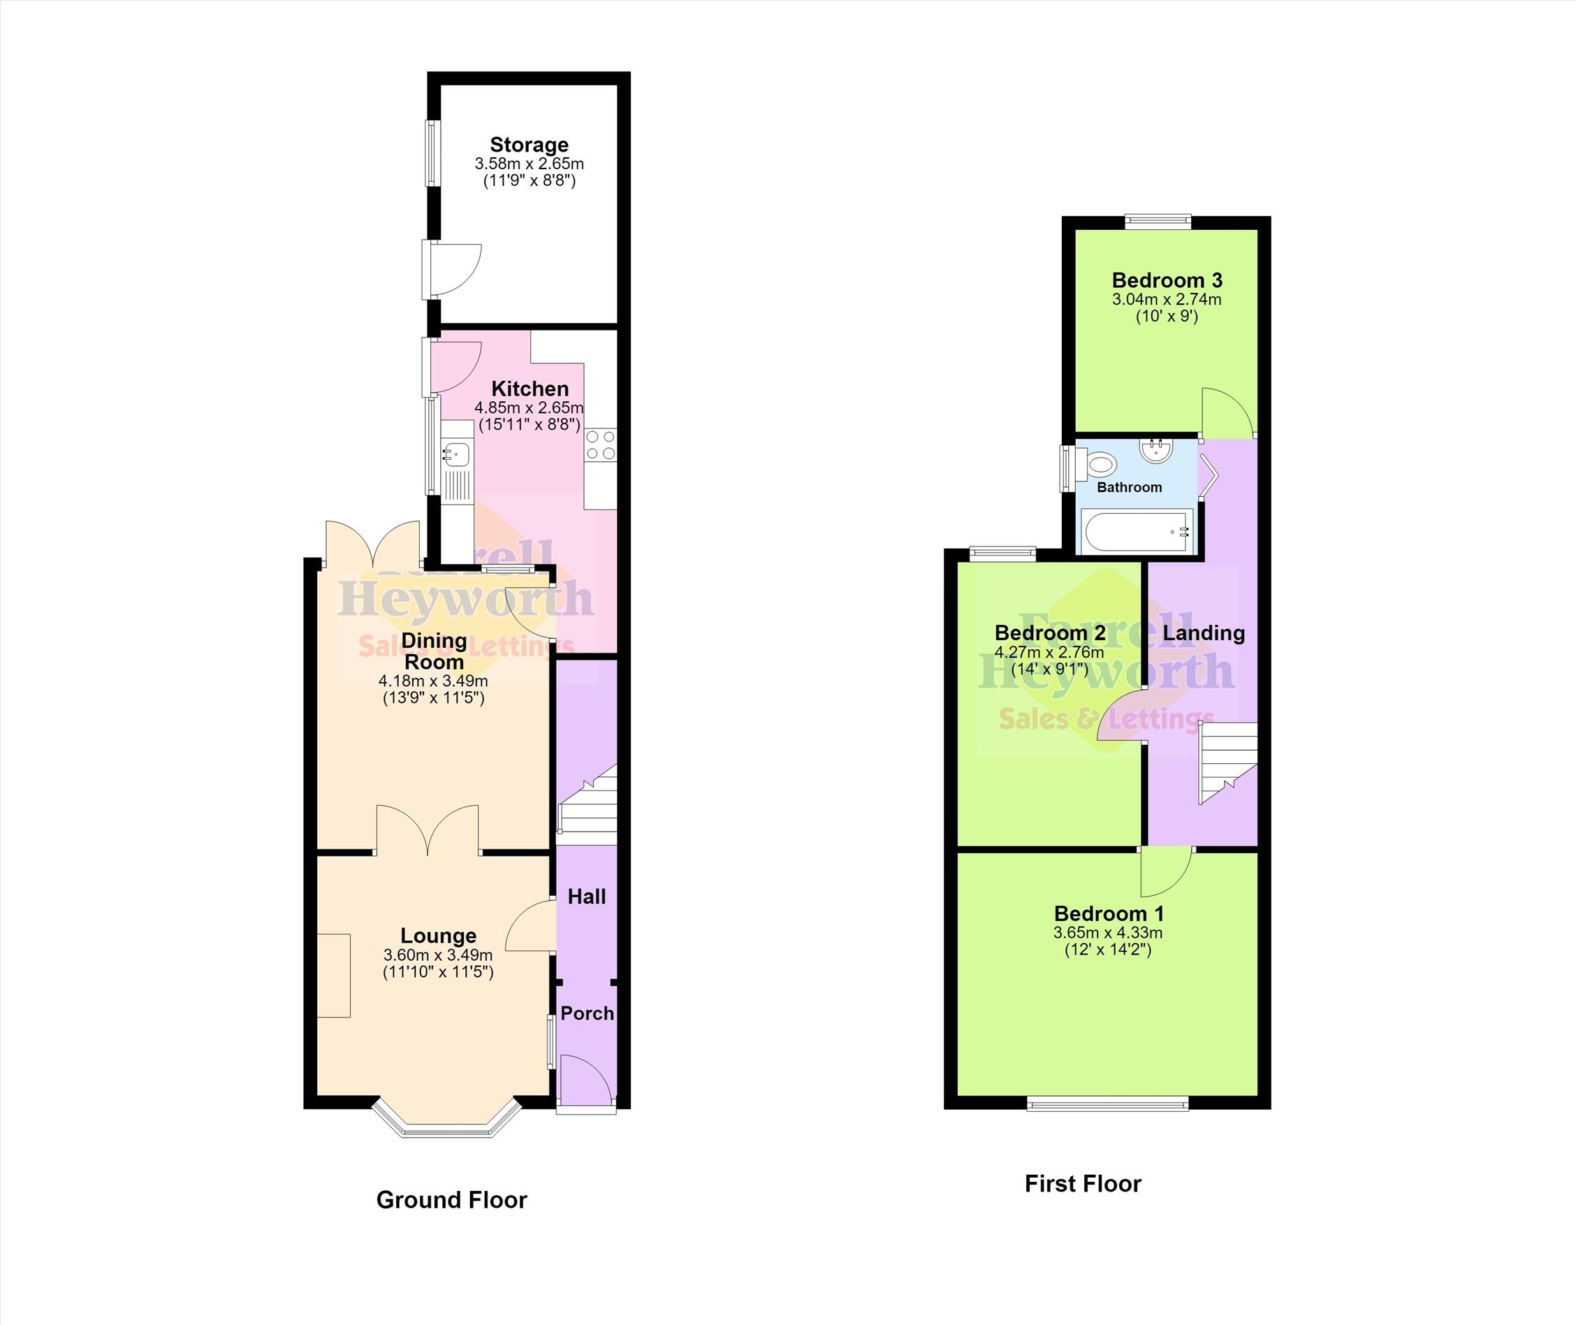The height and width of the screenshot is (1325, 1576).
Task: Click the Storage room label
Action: (x=530, y=145)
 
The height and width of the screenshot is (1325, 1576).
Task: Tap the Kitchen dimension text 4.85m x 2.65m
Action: (x=530, y=408)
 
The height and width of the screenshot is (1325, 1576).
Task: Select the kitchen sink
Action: (x=456, y=453)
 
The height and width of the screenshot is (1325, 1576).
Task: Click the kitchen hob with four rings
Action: (x=601, y=444)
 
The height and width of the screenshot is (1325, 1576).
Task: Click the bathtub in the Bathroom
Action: (x=1136, y=532)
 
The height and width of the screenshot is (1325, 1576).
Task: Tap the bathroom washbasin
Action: (x=1157, y=450)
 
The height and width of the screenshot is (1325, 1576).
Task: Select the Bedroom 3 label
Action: (x=1167, y=280)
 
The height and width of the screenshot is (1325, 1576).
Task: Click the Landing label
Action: (x=1204, y=633)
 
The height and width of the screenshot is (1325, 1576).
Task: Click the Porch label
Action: (x=587, y=1013)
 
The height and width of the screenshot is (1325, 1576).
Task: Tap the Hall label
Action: (x=586, y=896)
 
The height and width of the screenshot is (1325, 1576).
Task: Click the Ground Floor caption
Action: (x=451, y=1201)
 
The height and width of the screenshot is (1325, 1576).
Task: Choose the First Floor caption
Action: (x=1083, y=1184)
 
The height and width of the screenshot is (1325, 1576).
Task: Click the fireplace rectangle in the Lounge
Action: (x=333, y=975)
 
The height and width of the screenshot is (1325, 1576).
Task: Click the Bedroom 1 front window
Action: (x=1107, y=1103)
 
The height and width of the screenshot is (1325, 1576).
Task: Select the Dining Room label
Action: (x=434, y=651)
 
